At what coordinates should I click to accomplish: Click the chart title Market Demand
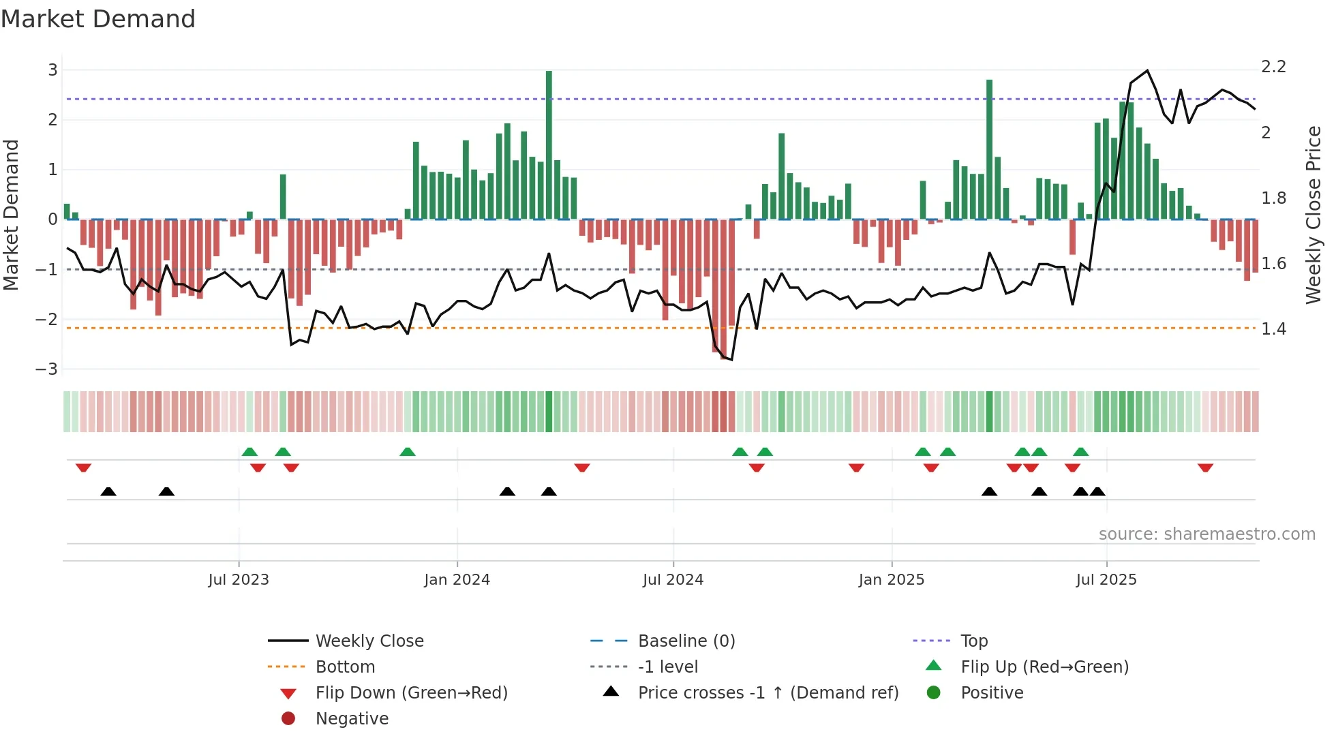98,18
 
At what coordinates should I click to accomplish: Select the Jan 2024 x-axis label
457,580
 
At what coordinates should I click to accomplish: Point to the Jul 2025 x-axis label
1106,580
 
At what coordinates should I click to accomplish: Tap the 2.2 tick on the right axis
1273,67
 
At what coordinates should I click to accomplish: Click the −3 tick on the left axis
47,369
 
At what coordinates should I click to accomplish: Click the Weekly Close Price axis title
1313,215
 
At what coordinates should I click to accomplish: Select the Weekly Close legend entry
369,641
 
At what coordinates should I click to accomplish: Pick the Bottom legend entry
345,667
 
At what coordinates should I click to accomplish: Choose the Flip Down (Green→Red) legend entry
411,693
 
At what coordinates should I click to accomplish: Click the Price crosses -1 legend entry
768,693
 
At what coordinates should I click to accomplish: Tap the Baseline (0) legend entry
686,641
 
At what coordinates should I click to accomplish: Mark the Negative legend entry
352,719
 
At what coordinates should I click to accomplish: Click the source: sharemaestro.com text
1206,534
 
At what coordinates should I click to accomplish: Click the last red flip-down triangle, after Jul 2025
1205,468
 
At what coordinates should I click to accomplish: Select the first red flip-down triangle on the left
83,468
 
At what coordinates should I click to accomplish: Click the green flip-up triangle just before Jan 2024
408,452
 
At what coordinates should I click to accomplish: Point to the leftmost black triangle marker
108,491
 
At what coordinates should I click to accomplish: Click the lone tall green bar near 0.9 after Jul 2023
283,197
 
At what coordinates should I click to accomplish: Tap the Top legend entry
973,641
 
